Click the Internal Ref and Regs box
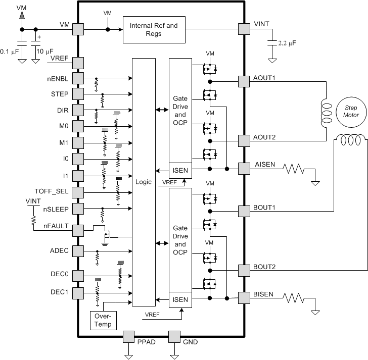tap(154, 29)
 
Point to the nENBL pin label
tap(60, 78)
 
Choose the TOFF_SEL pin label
tap(52, 192)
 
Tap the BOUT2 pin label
tap(264, 267)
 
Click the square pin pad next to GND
tap(174, 337)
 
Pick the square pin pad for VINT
tap(244, 29)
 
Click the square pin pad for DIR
tap(78, 110)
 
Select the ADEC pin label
tap(60, 250)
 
